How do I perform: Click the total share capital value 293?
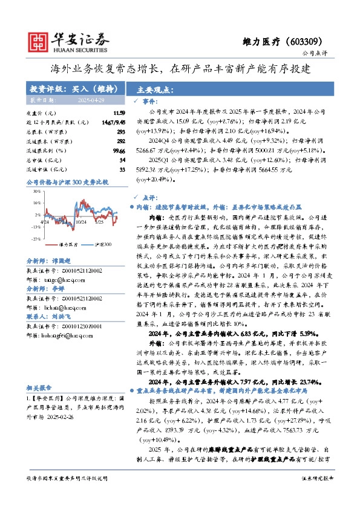click(120, 131)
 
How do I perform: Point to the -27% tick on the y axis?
click(36, 239)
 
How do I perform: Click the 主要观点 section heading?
click(155, 89)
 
